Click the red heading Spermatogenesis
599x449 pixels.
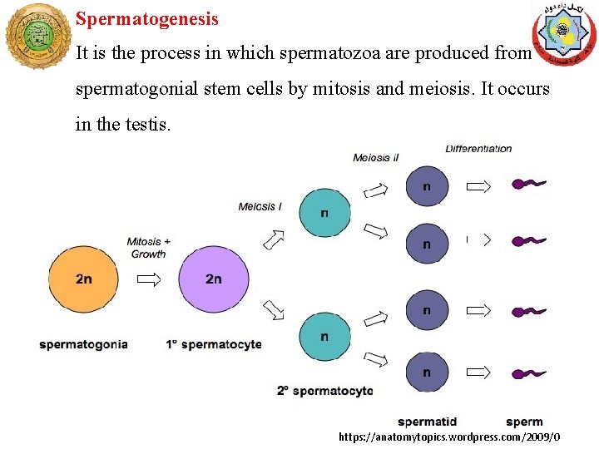[x=147, y=18]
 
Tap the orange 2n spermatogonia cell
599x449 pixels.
[x=83, y=279]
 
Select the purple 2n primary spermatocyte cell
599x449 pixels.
[x=214, y=279]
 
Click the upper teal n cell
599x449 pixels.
[x=324, y=213]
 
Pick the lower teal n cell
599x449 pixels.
[x=324, y=338]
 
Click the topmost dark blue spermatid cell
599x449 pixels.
[x=427, y=187]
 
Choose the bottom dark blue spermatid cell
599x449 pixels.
[x=427, y=373]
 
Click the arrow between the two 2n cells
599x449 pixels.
[x=148, y=279]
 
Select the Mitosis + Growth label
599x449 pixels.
[x=148, y=248]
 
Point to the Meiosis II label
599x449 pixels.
[x=376, y=158]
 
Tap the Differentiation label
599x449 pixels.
[x=478, y=149]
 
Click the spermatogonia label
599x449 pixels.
[x=83, y=344]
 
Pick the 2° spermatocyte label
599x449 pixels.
[x=325, y=391]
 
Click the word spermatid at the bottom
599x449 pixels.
[x=427, y=422]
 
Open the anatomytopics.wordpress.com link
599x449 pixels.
[x=449, y=437]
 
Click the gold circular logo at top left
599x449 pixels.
[x=37, y=36]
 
